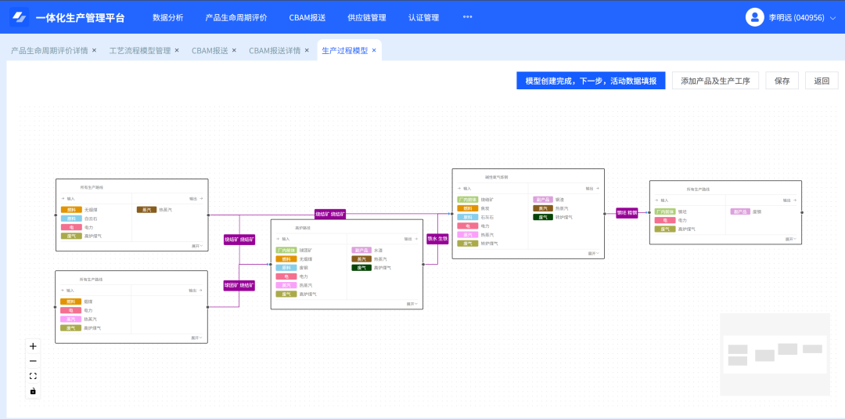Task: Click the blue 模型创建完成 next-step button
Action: coord(591,81)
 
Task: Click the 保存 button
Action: coord(782,81)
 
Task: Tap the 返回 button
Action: coord(822,81)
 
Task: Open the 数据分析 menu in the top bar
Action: coord(168,17)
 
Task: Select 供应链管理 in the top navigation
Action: coord(367,17)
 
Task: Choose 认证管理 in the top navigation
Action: coord(423,17)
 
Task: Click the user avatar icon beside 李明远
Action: coord(754,17)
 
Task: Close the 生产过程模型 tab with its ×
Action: coord(374,50)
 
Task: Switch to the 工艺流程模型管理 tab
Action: coord(139,50)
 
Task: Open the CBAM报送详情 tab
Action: coord(275,50)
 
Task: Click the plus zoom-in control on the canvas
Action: coord(33,346)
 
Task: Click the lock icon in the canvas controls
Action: coord(33,391)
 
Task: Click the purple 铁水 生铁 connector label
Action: coord(437,239)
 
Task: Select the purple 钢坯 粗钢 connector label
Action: coord(627,212)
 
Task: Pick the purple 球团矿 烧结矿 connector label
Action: coord(239,286)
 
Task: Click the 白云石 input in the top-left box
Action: coord(92,219)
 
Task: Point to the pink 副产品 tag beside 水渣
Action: coord(361,250)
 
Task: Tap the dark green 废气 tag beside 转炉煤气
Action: coord(543,217)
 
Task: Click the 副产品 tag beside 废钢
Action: coord(740,211)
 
